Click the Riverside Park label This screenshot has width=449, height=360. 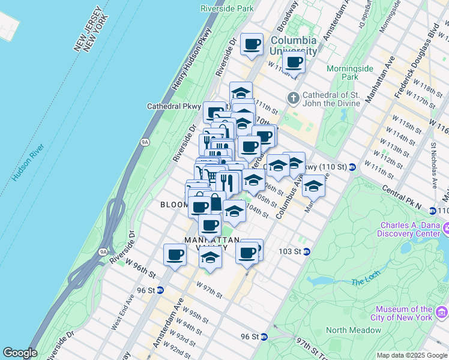[228, 9]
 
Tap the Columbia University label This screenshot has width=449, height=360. [293, 46]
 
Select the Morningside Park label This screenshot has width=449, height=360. [358, 73]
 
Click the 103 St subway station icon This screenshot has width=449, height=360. [306, 251]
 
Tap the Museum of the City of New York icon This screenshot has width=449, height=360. [442, 312]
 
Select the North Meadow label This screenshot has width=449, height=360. [354, 330]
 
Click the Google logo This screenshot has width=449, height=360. [20, 353]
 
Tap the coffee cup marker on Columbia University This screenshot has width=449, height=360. [294, 62]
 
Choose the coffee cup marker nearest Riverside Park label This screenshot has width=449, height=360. [252, 44]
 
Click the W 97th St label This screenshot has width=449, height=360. [208, 291]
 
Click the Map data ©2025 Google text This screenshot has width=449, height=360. [412, 355]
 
